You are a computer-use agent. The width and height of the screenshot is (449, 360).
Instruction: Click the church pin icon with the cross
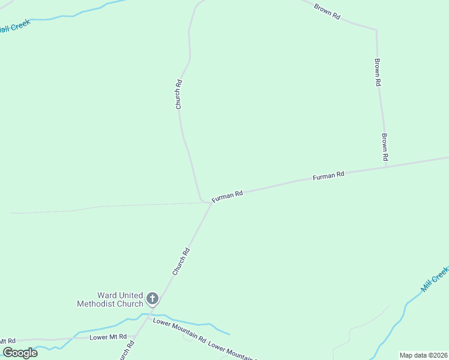(152, 298)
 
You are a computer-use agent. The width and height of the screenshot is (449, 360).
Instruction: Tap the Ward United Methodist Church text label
(110, 299)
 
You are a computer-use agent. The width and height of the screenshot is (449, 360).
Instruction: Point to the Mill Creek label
(435, 279)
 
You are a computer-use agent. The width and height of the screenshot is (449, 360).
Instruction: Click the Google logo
(20, 353)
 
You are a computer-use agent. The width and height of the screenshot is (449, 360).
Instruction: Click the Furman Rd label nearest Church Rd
(227, 196)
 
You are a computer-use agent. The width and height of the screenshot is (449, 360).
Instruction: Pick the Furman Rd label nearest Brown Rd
(328, 176)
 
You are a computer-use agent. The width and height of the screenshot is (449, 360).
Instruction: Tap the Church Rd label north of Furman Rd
(178, 94)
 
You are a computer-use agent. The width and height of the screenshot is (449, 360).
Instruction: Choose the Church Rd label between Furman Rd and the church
(181, 262)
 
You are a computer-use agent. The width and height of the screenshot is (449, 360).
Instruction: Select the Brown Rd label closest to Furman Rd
(385, 147)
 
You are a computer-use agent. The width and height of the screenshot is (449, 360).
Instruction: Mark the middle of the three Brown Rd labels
(378, 73)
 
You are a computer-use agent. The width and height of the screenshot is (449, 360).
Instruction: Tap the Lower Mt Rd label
(108, 337)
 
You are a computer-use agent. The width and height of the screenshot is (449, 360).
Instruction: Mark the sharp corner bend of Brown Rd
(376, 29)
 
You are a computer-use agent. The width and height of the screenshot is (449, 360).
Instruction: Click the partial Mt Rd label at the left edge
(8, 341)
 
